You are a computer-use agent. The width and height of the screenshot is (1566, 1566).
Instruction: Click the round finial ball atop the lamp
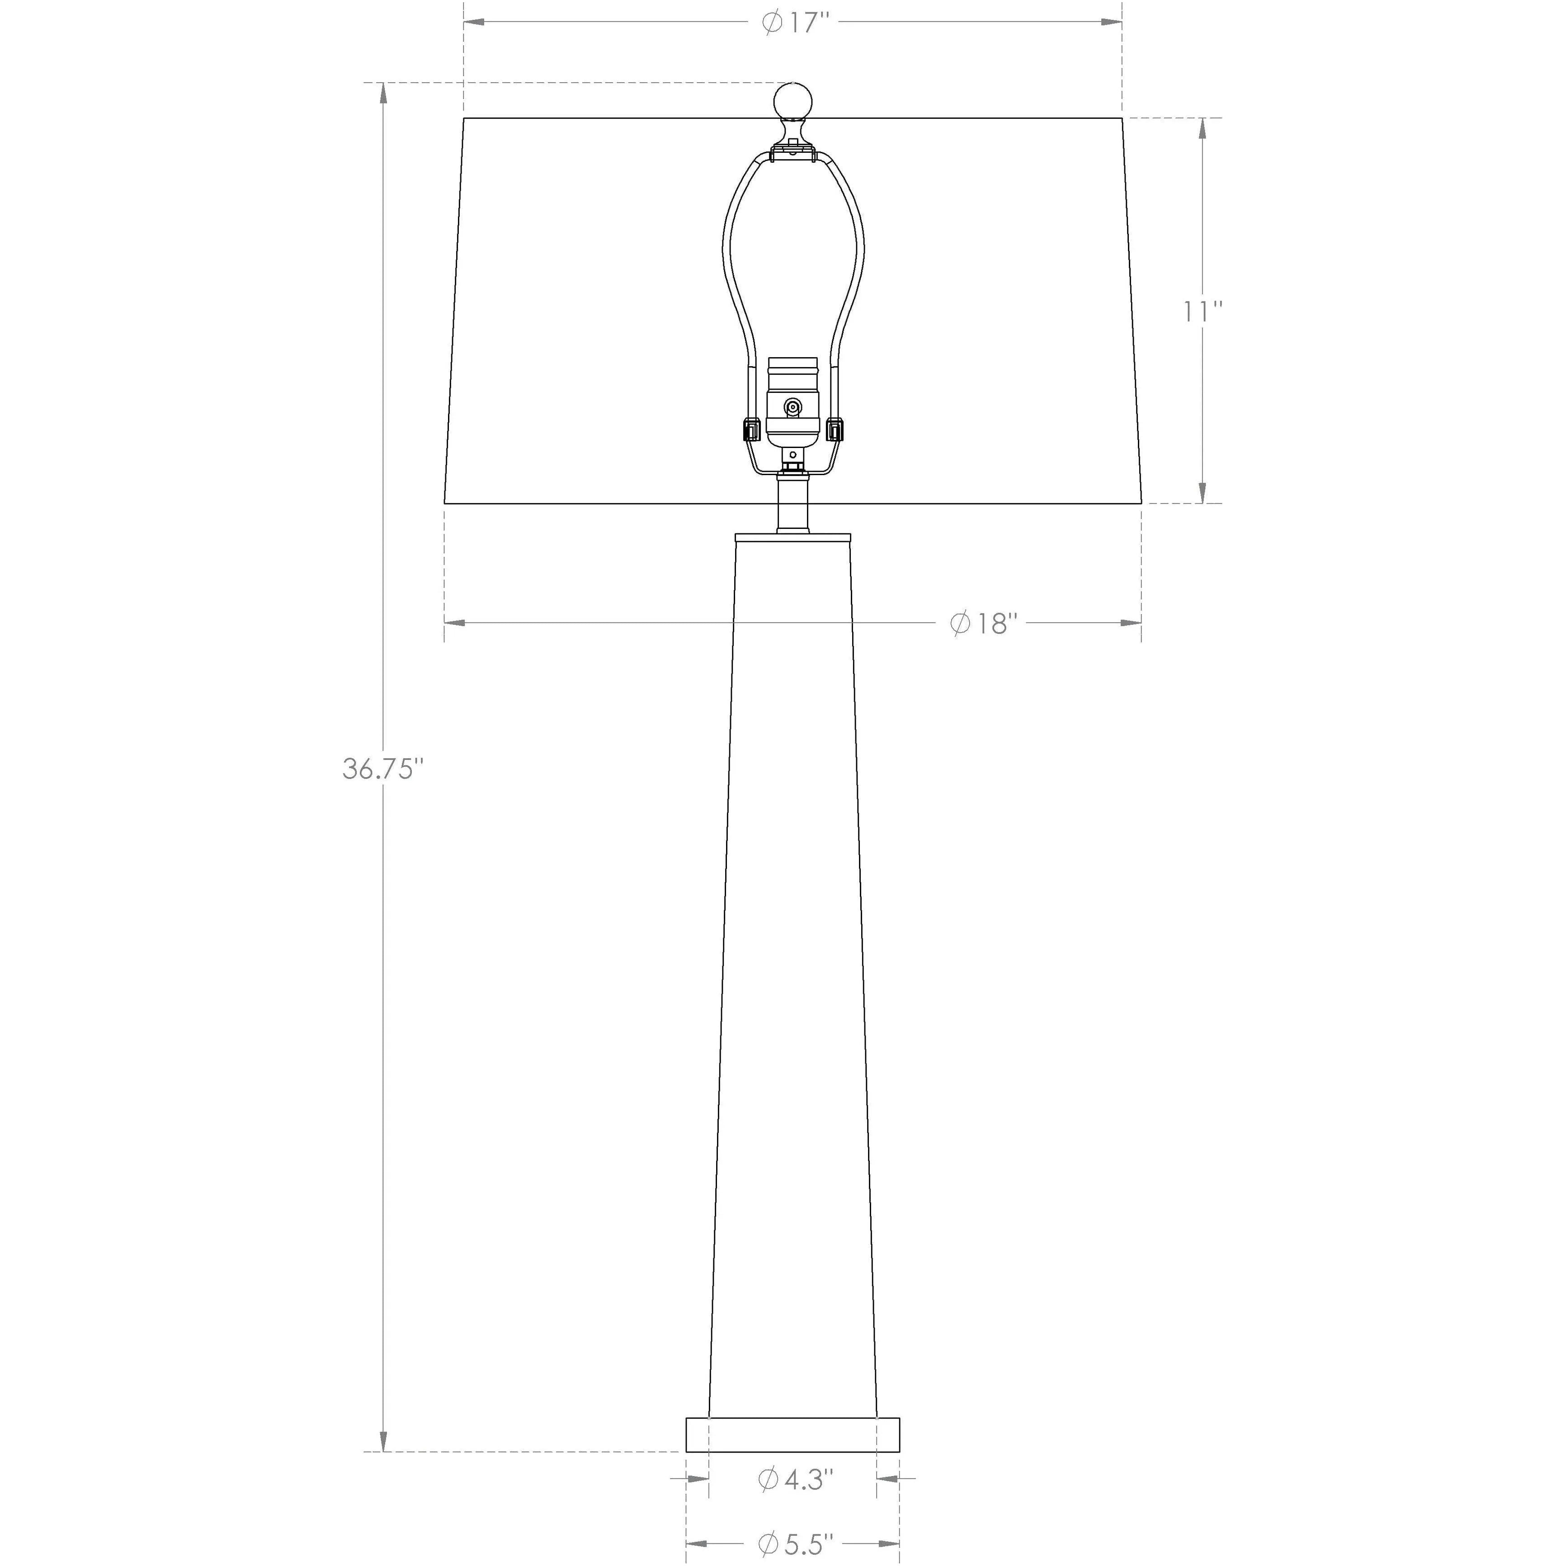793,100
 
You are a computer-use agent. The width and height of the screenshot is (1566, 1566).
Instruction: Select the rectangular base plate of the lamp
793,1434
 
